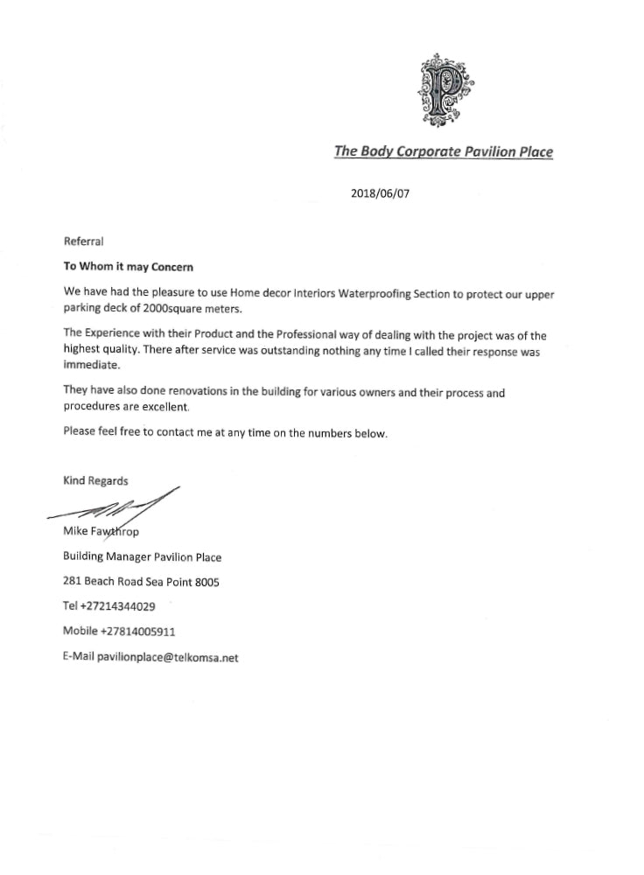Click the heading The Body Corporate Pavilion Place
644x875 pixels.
tap(444, 151)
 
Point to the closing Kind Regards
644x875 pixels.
tap(95, 480)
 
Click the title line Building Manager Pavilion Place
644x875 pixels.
tap(143, 556)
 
